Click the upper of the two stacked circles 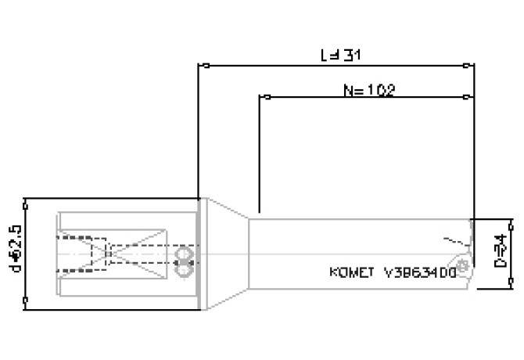(185, 255)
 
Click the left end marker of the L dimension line (199, 65)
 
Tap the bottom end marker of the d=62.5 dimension (27, 299)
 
